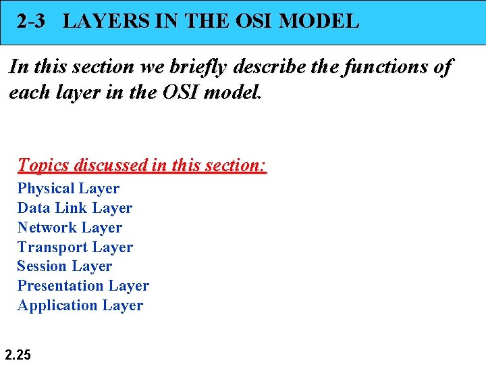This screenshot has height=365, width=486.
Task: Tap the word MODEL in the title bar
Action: pyautogui.click(x=319, y=21)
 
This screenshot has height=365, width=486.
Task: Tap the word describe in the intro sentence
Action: pyautogui.click(x=277, y=67)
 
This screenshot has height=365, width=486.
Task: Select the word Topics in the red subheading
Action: pyautogui.click(x=44, y=165)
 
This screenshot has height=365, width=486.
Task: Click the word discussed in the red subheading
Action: pyautogui.click(x=110, y=165)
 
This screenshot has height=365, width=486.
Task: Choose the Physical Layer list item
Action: pyautogui.click(x=68, y=189)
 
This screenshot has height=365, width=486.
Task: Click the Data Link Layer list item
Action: pyautogui.click(x=74, y=208)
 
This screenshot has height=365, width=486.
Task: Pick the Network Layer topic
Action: pyautogui.click(x=70, y=228)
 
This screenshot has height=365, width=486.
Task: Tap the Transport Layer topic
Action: pyautogui.click(x=75, y=247)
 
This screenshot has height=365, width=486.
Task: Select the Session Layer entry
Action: pyautogui.click(x=64, y=266)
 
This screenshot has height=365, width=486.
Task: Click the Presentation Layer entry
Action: pyautogui.click(x=83, y=286)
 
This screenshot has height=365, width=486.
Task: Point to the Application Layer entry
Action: pyautogui.click(x=80, y=306)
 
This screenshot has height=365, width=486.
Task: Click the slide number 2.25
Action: pyautogui.click(x=18, y=354)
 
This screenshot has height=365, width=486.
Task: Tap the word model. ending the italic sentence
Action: pyautogui.click(x=232, y=92)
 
